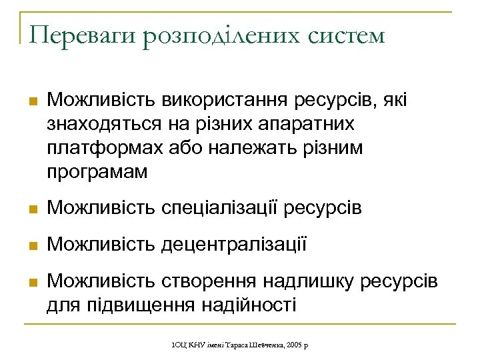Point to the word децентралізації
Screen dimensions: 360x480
pyautogui.click(x=233, y=245)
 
